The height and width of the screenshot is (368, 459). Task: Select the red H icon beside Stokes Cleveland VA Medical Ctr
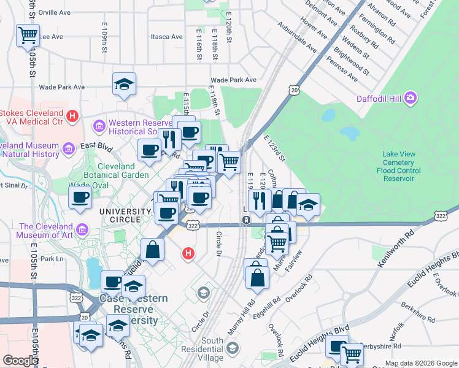[72, 115]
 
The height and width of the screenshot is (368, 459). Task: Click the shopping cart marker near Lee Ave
[28, 36]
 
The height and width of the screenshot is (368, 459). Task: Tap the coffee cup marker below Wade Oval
[80, 197]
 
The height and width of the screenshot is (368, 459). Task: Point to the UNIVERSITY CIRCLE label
[126, 212]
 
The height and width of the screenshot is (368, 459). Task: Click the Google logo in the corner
[20, 361]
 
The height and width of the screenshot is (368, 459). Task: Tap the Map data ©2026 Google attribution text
[421, 363]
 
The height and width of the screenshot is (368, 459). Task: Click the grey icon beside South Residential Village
[233, 348]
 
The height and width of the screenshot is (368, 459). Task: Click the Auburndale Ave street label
[296, 38]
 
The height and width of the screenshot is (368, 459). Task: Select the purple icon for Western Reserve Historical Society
[98, 126]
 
